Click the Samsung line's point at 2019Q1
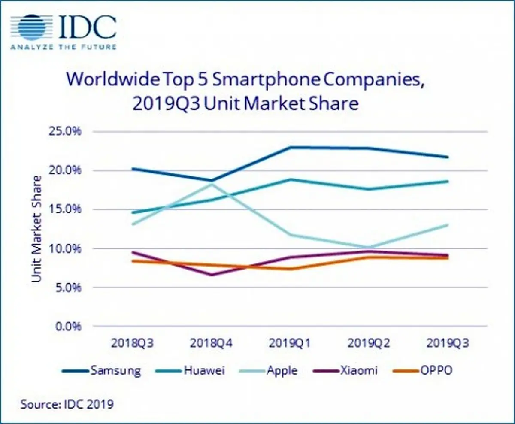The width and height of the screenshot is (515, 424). pyautogui.click(x=291, y=147)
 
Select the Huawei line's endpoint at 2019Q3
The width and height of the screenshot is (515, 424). pyautogui.click(x=448, y=182)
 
